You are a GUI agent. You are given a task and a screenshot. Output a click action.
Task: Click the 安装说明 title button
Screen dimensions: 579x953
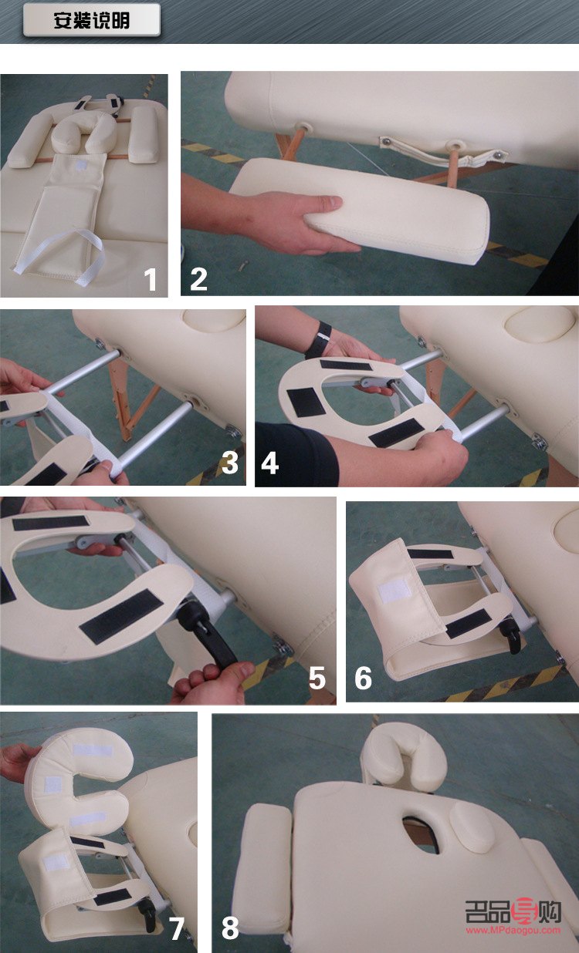[x=92, y=20]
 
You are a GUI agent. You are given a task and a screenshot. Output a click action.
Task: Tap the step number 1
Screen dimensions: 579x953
[x=150, y=280]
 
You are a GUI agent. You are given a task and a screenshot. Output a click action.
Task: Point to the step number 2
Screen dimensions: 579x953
[x=198, y=279]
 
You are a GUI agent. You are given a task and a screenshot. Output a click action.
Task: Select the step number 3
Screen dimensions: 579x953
[x=230, y=463]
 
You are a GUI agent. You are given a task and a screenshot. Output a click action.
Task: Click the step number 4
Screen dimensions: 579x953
[x=269, y=463]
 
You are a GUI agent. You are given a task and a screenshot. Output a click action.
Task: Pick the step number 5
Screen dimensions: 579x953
[x=317, y=678]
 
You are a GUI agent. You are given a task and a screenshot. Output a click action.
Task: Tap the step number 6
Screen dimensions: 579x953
[x=363, y=678]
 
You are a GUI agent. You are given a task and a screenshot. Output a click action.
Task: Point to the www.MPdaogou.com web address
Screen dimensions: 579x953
[x=513, y=930]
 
